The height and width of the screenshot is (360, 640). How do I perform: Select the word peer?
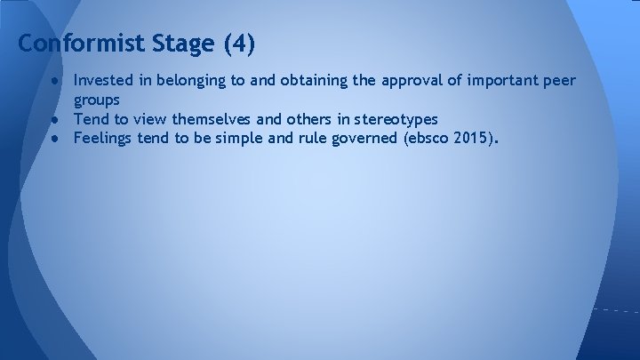click(559, 81)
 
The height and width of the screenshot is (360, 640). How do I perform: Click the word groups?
click(97, 100)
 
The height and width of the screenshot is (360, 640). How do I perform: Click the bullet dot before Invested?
click(55, 81)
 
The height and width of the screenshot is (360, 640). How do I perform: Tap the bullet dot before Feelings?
click(55, 137)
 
